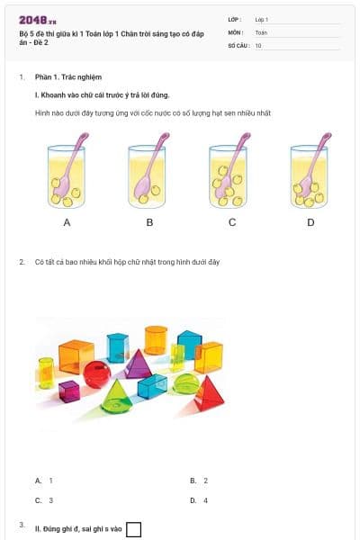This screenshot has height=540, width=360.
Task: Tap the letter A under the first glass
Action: click(67, 221)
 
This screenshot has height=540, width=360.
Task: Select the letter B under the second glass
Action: click(149, 221)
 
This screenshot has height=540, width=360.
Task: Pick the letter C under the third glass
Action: click(231, 221)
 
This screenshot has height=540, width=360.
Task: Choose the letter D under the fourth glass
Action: click(310, 221)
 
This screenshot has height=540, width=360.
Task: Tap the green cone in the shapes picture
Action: click(116, 395)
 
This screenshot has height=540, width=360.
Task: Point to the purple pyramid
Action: click(138, 364)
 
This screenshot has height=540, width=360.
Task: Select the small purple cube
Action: click(69, 391)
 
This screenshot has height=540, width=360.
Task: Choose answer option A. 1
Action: click(44, 481)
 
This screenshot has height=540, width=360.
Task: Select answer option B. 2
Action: click(199, 481)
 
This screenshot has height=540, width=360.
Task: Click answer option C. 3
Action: click(44, 499)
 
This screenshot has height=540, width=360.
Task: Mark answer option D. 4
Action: click(199, 499)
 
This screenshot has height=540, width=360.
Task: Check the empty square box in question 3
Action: click(133, 529)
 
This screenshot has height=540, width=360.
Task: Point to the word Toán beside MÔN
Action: click(262, 31)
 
